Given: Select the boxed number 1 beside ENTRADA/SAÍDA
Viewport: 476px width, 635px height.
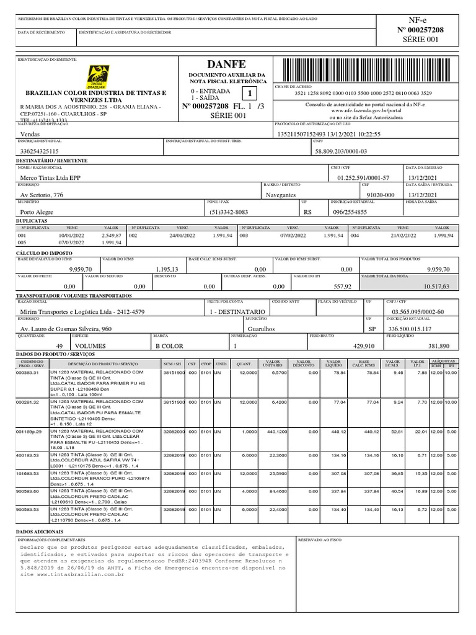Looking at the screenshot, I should click(250, 94).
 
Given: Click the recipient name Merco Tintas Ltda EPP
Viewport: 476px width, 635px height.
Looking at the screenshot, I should click(50, 177).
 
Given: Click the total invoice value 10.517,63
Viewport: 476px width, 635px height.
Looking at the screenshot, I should click(436, 286).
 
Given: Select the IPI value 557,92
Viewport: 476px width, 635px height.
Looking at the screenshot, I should click(342, 286).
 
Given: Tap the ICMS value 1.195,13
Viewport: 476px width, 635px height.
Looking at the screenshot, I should click(167, 269).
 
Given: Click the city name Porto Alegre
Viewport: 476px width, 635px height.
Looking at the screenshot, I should click(38, 211).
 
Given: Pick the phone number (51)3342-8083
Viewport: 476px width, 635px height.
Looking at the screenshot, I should click(229, 211).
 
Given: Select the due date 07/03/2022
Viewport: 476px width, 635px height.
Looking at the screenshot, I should click(71, 242).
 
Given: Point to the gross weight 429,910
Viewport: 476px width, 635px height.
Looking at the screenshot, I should click(364, 345).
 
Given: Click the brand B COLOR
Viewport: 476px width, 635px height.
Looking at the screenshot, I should click(169, 345).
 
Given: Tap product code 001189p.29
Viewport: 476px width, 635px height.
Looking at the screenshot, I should click(29, 431).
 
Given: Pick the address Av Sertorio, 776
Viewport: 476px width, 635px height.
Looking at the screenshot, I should click(42, 195).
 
